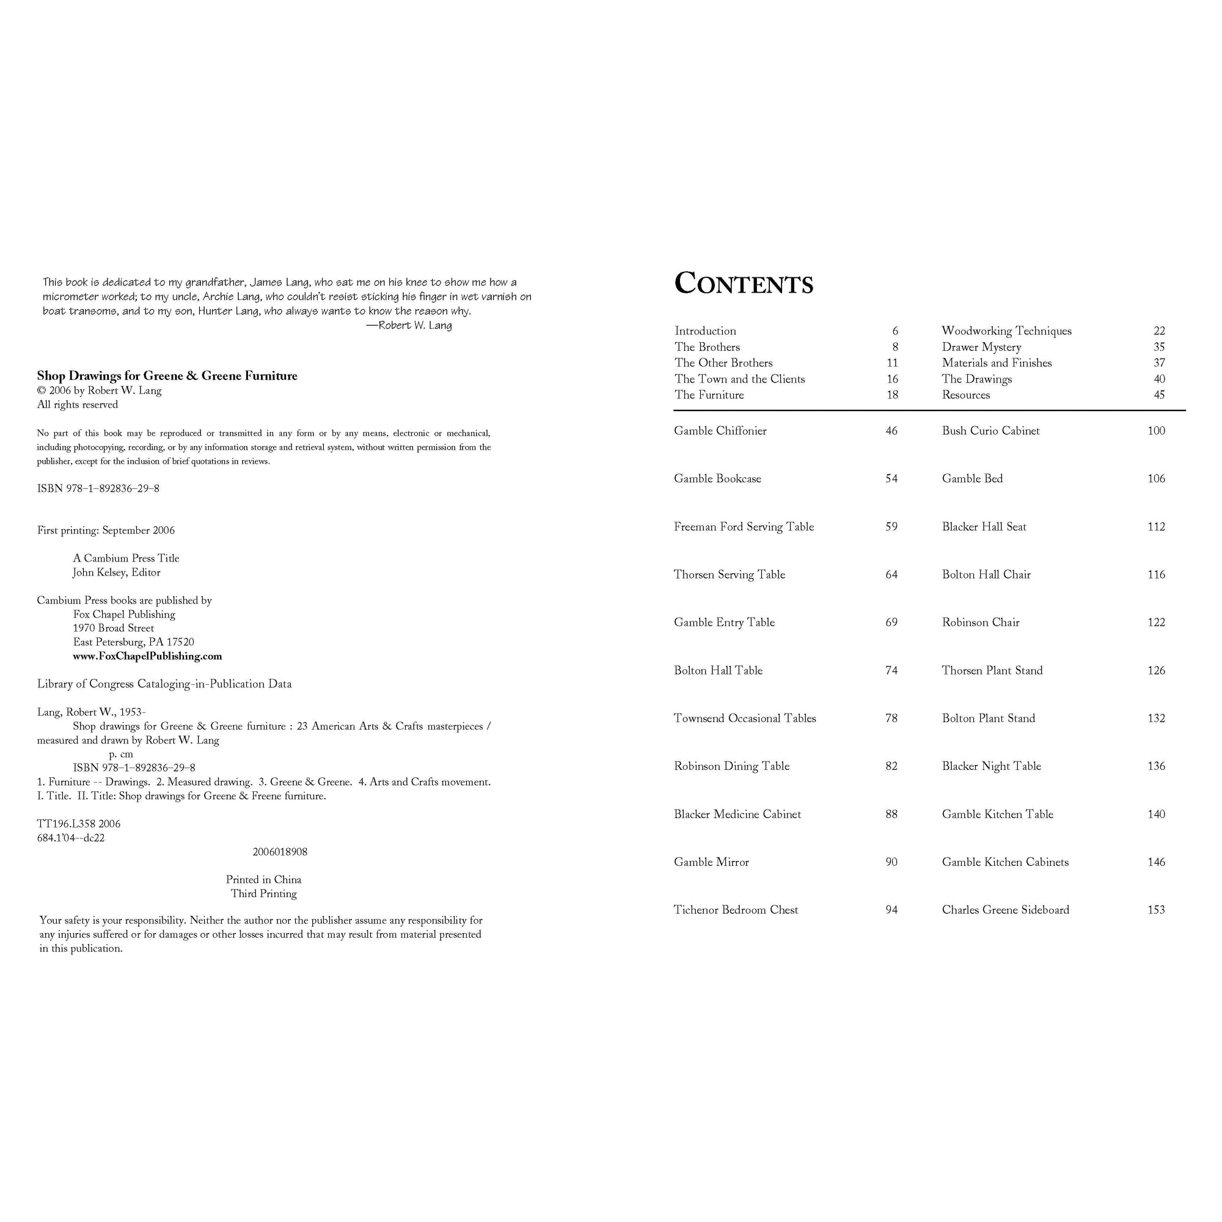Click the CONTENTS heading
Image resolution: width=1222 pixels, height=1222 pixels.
point(743,284)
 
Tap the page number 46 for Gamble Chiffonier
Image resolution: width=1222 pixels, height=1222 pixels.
point(891,431)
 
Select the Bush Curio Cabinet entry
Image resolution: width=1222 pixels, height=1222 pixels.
point(990,431)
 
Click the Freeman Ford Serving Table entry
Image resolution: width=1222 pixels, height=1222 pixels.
point(744,527)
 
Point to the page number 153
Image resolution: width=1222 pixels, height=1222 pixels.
point(1156,910)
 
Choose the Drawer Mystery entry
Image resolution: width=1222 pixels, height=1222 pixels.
point(981,346)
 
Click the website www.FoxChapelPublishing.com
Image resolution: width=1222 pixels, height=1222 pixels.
point(147,656)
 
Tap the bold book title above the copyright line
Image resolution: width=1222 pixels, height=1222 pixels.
point(167,376)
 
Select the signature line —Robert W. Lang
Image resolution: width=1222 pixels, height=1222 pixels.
point(409,325)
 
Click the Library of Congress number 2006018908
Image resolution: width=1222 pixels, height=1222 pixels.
point(280,851)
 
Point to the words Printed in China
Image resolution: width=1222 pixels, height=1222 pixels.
point(264,879)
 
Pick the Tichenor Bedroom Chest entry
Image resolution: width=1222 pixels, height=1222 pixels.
point(736,910)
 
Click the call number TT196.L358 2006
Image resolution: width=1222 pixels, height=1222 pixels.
point(78,824)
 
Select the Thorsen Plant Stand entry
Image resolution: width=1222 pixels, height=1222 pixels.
point(992,670)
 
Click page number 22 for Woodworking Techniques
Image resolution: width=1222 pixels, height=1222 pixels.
point(1158,331)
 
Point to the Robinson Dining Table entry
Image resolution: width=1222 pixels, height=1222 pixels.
point(731,766)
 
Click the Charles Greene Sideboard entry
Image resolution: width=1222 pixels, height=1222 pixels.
point(1005,910)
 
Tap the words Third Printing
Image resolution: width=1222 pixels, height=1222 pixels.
point(264,893)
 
